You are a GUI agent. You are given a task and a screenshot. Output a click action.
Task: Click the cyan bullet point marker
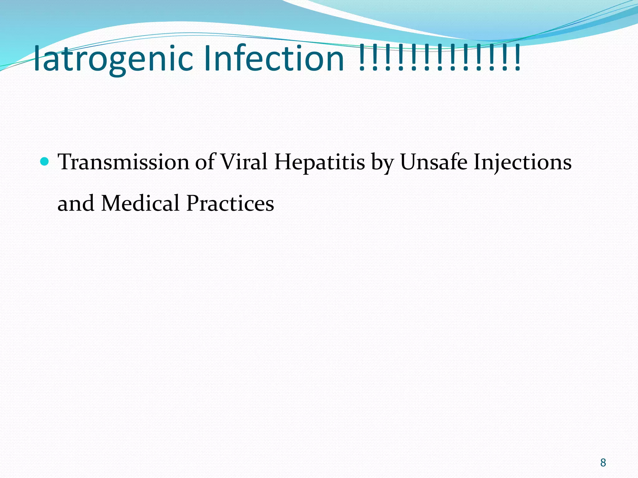45,161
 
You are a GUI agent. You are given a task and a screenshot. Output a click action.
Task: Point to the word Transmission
124,162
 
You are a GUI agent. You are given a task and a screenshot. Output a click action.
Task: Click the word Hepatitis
319,162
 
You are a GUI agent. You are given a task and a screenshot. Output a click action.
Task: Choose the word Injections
522,162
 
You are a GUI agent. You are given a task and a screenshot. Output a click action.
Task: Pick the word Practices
230,203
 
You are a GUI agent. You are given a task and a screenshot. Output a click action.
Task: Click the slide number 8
603,463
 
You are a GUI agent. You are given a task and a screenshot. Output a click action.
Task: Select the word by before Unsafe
382,163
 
